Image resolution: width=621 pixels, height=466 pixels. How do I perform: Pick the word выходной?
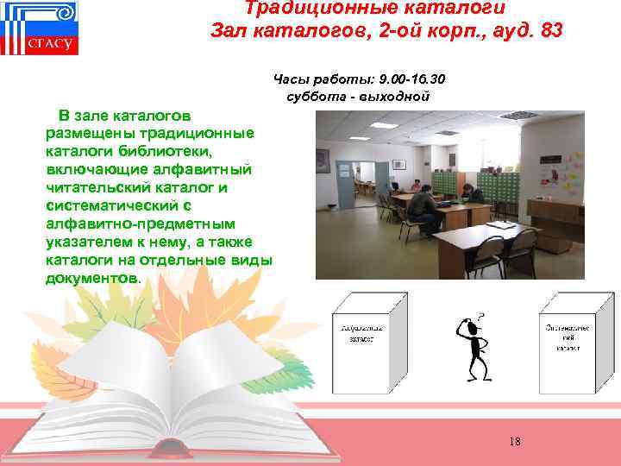[x=398, y=95]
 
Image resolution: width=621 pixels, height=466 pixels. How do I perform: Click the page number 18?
[x=515, y=442]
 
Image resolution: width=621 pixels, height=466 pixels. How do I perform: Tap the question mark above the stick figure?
[x=480, y=317]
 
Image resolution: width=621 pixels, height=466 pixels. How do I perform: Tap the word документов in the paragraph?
[x=90, y=279]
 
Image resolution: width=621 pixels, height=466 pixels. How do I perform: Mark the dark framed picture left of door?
[x=322, y=161]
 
